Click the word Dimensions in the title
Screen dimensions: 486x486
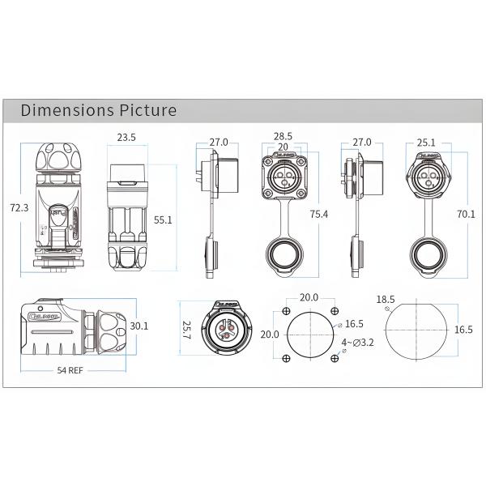click(67, 110)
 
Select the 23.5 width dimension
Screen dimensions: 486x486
click(126, 138)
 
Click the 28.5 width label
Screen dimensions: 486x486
click(283, 138)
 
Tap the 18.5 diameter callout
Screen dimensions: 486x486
click(386, 300)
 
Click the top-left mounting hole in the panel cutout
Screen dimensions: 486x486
click(287, 312)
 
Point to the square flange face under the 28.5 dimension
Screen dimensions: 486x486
click(283, 173)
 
